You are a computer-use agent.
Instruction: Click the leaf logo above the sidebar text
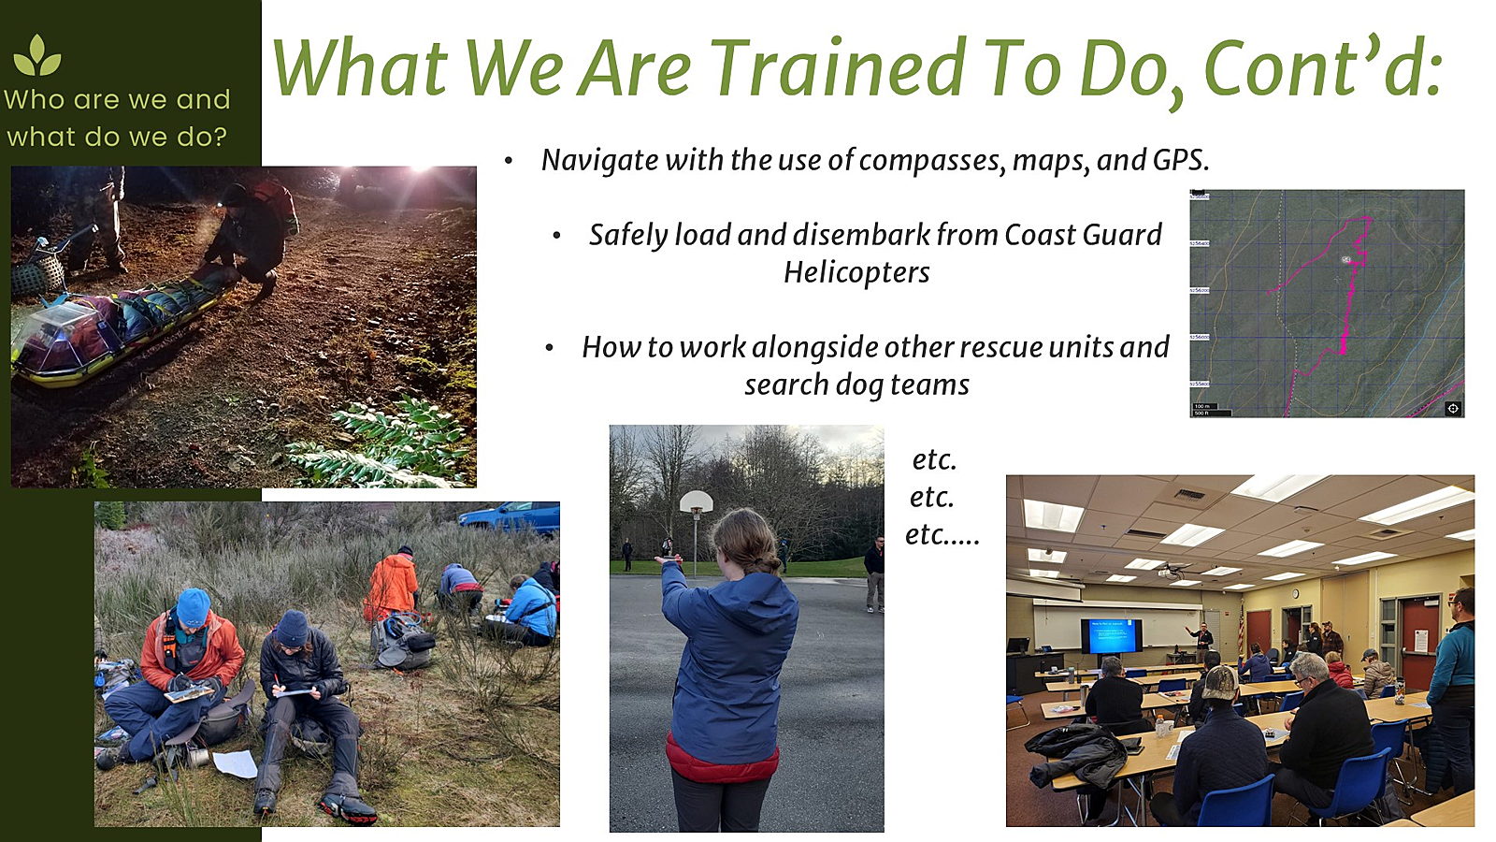(x=37, y=55)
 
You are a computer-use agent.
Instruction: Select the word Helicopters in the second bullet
(x=856, y=273)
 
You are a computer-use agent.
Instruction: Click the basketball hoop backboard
(x=696, y=501)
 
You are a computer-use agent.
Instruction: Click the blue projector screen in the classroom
(x=1112, y=635)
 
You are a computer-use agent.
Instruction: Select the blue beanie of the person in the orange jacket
(x=193, y=606)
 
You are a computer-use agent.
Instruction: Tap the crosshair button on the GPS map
(x=1453, y=408)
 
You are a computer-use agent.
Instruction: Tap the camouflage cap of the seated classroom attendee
(x=1219, y=682)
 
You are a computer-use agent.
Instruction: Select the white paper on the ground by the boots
(x=235, y=763)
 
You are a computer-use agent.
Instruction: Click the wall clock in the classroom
(x=1295, y=594)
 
